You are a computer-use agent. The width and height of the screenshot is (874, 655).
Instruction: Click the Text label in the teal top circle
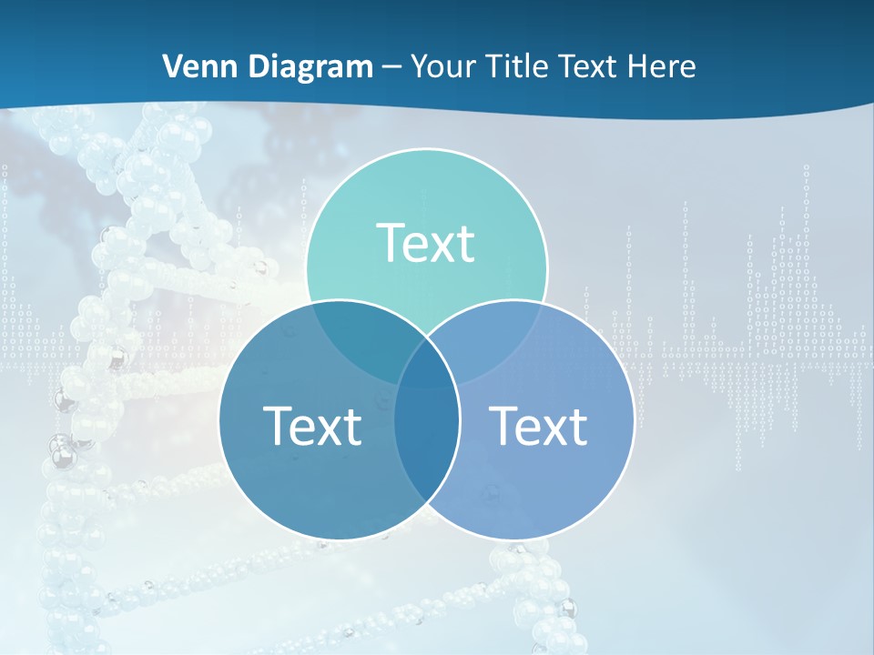pyautogui.click(x=426, y=244)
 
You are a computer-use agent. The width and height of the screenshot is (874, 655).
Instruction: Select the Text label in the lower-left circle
pyautogui.click(x=312, y=426)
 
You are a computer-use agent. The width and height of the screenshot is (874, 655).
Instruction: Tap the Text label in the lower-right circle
pyautogui.click(x=539, y=426)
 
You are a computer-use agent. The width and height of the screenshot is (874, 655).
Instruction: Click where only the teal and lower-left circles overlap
pyautogui.click(x=355, y=337)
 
